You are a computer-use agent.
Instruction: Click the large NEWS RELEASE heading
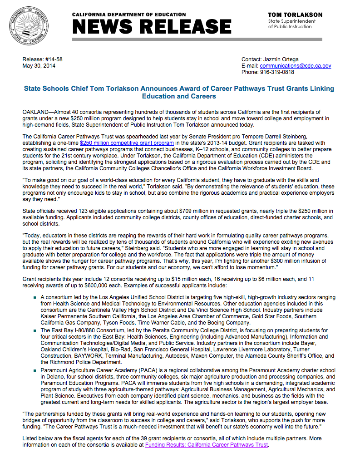point(152,27)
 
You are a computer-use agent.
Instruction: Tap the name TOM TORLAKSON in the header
point(295,15)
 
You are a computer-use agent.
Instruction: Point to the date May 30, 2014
point(39,66)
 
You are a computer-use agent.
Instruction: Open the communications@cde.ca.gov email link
point(296,66)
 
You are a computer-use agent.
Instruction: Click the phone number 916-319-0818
point(277,72)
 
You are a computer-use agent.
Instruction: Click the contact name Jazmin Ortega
point(282,59)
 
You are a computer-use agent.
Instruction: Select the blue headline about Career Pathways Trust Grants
point(179,92)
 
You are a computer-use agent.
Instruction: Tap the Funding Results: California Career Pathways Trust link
point(207,445)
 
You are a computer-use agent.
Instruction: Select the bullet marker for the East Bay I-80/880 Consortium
point(35,331)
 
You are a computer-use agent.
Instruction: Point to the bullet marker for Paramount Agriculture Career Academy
point(35,371)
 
